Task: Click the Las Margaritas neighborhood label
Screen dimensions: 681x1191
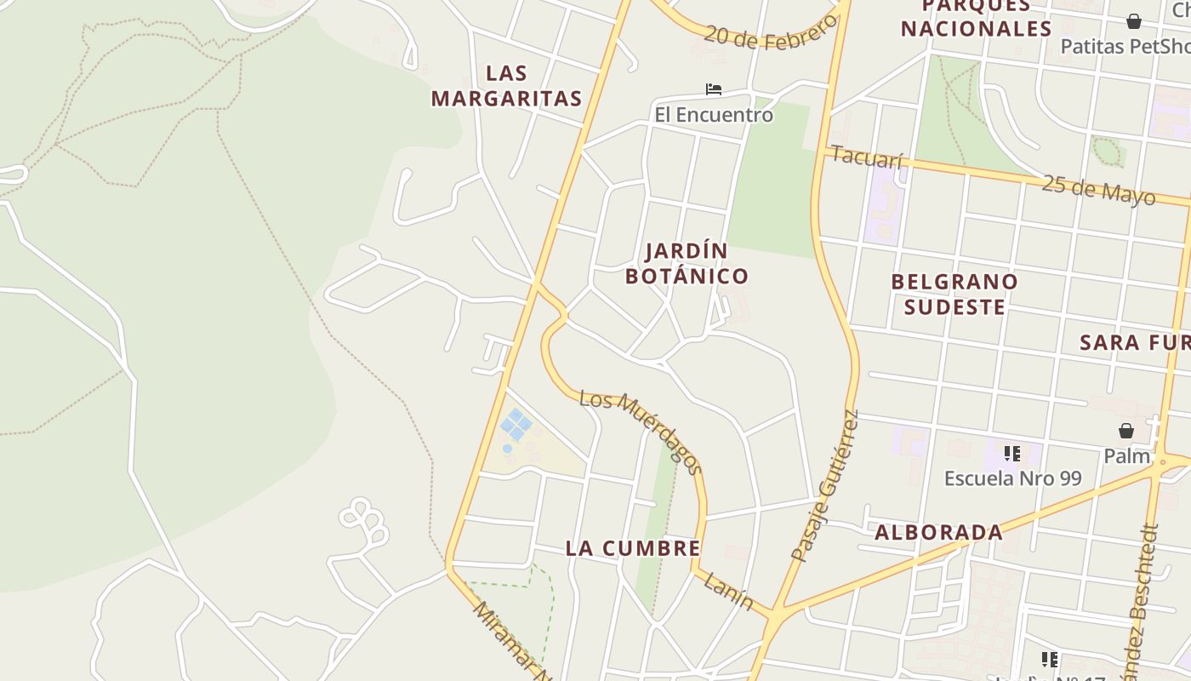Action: tap(506, 86)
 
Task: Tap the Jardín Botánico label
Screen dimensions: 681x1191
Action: tap(687, 263)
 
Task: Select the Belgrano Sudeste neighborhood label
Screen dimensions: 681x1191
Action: tap(955, 294)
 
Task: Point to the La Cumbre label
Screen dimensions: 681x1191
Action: tap(633, 549)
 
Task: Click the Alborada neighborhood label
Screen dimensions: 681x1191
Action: tap(939, 533)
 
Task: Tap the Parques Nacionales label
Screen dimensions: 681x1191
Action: tap(976, 19)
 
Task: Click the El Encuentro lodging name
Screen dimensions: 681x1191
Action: tap(714, 115)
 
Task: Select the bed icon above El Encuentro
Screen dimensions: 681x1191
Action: tap(714, 89)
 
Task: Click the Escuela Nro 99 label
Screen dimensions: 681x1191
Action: tap(1012, 478)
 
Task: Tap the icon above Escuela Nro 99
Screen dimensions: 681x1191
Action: tap(1011, 454)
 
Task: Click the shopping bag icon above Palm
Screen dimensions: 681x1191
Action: tap(1126, 432)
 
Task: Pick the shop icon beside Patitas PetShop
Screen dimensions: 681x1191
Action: tap(1134, 21)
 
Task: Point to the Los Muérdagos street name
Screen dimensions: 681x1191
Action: tap(641, 432)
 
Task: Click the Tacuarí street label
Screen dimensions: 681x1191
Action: tap(866, 157)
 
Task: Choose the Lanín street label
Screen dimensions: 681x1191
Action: tap(728, 592)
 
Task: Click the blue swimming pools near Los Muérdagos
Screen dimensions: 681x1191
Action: tap(516, 426)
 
